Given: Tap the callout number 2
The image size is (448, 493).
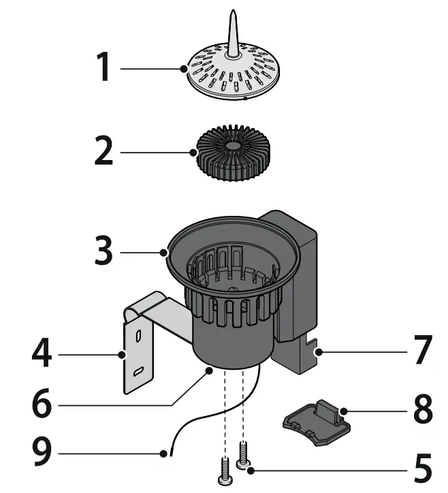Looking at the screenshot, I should tap(104, 152).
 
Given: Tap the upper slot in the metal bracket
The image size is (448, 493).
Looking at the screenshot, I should tap(139, 336).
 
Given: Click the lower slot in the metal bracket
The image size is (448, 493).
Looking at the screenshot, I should tap(139, 371).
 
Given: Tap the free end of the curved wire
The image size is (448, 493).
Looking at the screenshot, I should tap(165, 453).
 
